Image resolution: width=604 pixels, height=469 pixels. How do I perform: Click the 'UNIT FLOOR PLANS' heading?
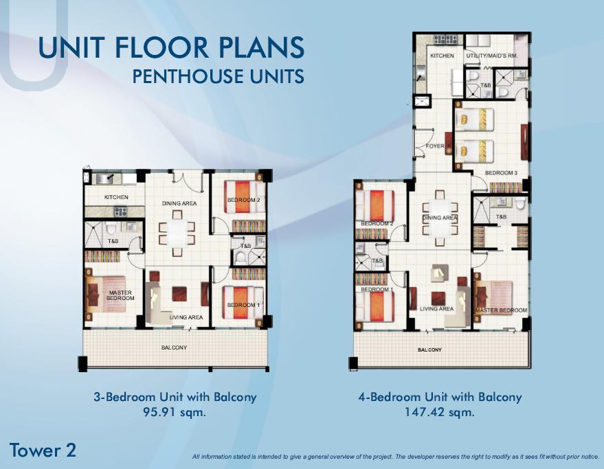[x=171, y=48]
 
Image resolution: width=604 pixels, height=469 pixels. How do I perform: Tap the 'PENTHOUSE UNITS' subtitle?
[x=218, y=76]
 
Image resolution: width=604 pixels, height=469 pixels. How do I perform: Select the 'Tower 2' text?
[x=43, y=450]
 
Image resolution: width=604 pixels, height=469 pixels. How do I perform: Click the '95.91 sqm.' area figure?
[x=175, y=413]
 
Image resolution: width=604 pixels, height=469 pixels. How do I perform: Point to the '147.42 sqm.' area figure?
[x=440, y=413]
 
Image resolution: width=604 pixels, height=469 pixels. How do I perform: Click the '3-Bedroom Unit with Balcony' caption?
[x=175, y=397]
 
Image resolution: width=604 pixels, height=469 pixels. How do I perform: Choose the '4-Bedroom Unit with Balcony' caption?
[x=440, y=397]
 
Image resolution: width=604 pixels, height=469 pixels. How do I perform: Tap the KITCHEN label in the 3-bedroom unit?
[x=116, y=197]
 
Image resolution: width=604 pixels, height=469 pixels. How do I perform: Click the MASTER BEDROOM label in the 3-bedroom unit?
[x=120, y=296]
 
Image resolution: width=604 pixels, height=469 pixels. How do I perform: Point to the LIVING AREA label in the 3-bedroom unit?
[x=186, y=317]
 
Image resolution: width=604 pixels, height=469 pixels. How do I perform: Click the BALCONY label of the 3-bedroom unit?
[x=174, y=347]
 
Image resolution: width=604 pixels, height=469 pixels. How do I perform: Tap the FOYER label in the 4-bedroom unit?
[x=435, y=146]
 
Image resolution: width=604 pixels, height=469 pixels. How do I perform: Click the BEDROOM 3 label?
[x=501, y=173]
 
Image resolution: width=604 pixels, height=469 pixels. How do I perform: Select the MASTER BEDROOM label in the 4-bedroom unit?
[x=502, y=310]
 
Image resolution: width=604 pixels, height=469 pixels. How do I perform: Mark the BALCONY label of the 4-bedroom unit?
[x=430, y=350]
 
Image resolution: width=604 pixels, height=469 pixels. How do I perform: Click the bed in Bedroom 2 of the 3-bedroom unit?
[x=247, y=193]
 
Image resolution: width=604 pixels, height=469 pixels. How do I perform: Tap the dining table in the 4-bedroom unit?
[x=440, y=218]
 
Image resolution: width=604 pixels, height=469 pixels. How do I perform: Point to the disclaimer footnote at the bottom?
[x=396, y=457]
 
